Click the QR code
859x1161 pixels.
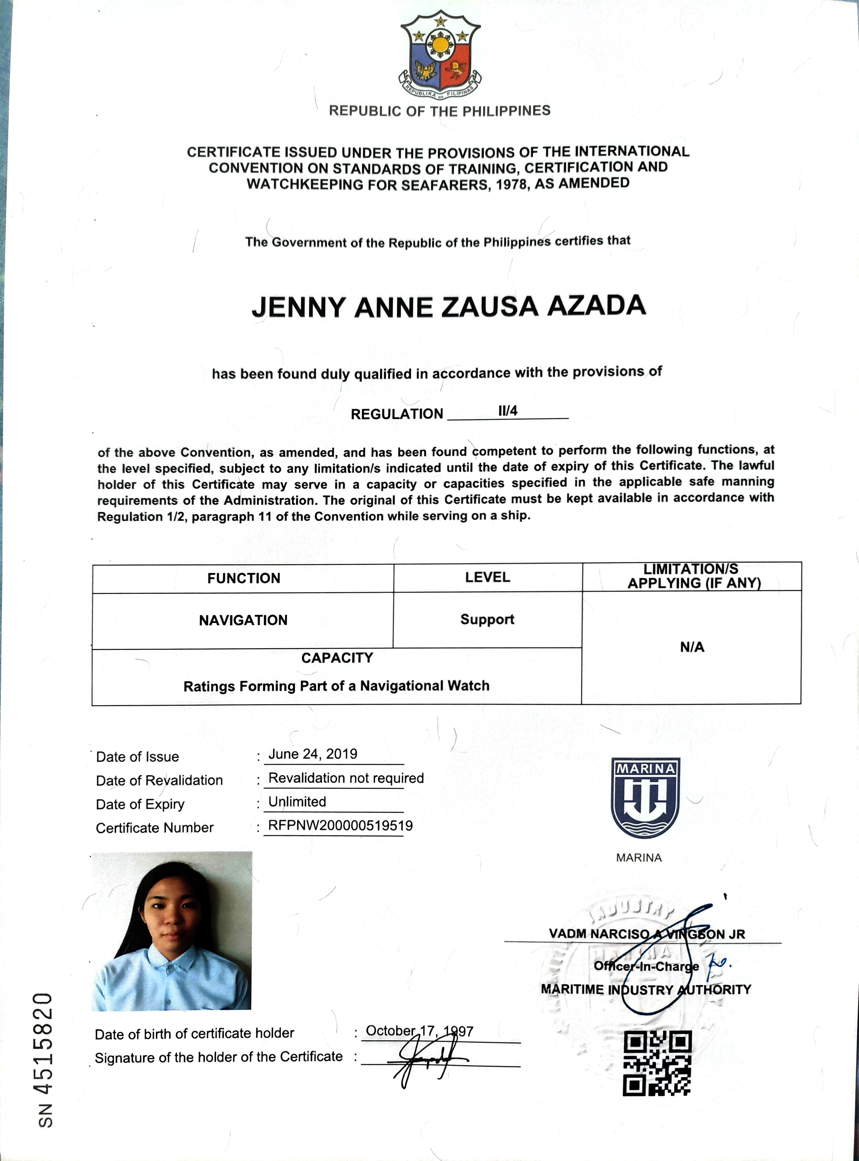[657, 1063]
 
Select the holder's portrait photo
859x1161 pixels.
[172, 931]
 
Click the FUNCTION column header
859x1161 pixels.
[243, 578]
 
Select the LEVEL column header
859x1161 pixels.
[487, 577]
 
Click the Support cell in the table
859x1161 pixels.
[487, 619]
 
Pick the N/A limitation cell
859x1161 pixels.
[692, 647]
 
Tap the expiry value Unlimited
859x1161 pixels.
[297, 802]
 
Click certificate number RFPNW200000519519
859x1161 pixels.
[340, 826]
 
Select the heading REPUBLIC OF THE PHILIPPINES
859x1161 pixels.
[440, 111]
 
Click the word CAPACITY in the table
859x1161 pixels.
[337, 658]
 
